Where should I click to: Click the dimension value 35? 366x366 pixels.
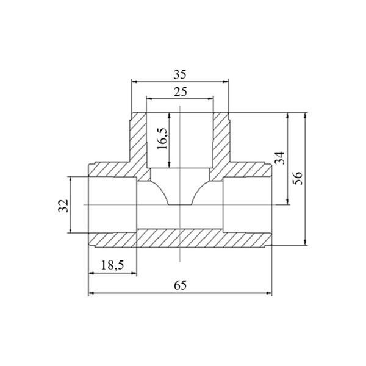point(180,74)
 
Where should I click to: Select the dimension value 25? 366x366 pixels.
point(180,92)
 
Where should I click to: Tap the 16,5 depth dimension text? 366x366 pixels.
point(162,138)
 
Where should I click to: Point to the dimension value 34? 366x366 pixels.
point(280,158)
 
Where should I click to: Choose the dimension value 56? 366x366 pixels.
point(298,178)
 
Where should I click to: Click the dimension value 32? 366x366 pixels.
point(63,206)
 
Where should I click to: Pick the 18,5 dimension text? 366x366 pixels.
point(112,265)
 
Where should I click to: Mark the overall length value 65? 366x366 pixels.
point(180,285)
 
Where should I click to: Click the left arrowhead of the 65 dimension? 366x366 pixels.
point(91,293)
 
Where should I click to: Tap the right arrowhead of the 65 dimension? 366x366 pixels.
point(269,293)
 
